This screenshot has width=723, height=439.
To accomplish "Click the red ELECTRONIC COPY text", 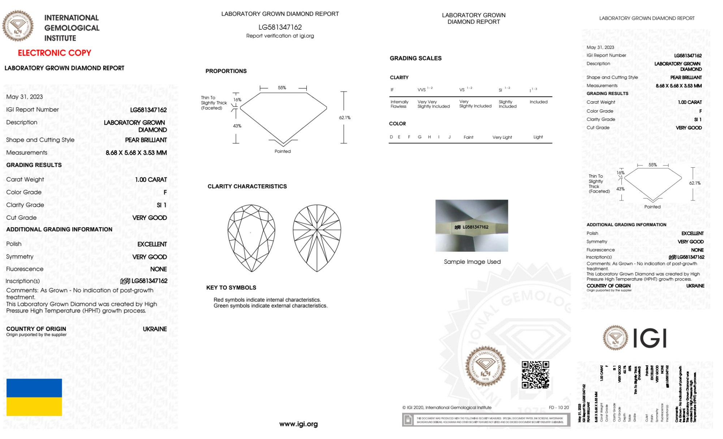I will [x=54, y=53].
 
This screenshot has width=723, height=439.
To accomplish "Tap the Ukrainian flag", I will [x=34, y=397].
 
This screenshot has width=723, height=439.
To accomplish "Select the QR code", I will [x=535, y=374].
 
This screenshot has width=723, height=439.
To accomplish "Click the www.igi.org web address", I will [x=298, y=424].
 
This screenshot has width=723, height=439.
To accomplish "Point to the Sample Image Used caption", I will [x=472, y=262].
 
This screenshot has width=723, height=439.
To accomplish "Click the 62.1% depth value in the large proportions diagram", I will [x=345, y=118].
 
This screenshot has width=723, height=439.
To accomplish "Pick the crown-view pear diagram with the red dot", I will [x=251, y=238].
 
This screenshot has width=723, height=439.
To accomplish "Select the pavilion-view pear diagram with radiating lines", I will [x=317, y=238].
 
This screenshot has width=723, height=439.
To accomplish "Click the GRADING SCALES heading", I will [x=416, y=58].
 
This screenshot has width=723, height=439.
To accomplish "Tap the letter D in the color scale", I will [x=391, y=137].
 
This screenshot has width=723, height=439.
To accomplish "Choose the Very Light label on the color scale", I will [x=502, y=137].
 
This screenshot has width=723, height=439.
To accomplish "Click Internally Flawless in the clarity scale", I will [x=399, y=104].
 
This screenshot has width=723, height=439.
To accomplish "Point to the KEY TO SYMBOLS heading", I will [x=231, y=288].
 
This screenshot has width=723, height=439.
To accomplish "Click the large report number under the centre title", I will [x=280, y=27].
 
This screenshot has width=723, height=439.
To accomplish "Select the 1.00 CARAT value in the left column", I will [x=151, y=180].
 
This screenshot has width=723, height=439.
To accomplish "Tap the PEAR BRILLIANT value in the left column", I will [x=146, y=140].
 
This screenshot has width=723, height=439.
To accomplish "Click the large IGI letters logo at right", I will [x=650, y=338].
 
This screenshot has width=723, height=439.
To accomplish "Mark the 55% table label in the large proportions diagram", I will [x=282, y=88].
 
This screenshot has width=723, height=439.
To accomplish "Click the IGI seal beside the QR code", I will [x=485, y=366].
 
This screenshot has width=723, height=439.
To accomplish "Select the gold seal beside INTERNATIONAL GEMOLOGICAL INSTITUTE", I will [x=18, y=26].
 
